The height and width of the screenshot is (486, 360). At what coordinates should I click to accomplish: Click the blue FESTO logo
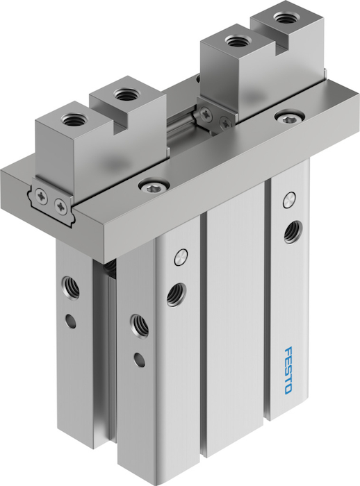coord(288,370)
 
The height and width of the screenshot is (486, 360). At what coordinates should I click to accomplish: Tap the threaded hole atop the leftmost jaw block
coord(71,119)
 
